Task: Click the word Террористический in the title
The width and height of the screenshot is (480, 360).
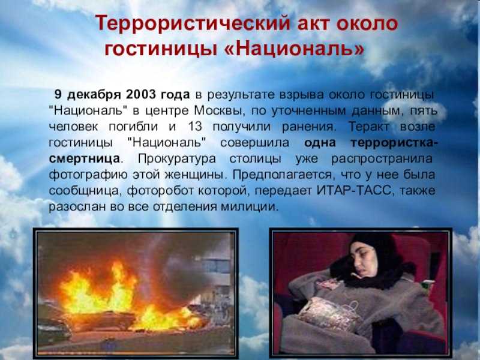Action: coord(193,23)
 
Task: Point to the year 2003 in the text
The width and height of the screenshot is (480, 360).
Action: coord(141,94)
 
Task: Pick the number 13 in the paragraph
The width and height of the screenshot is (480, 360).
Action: coord(195,127)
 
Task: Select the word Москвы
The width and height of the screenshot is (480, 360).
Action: coord(220,110)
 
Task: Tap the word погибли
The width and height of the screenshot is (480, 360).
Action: coord(133,127)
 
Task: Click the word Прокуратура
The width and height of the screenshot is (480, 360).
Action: coord(177,159)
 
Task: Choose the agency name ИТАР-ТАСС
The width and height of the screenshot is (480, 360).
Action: coord(353,190)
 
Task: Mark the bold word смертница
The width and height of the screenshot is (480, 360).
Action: coord(84,158)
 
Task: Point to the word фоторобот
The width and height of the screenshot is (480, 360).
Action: coord(160,191)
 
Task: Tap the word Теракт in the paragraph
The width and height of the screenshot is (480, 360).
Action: coord(369,127)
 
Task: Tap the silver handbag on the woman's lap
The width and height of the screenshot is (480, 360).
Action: coord(328,313)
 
